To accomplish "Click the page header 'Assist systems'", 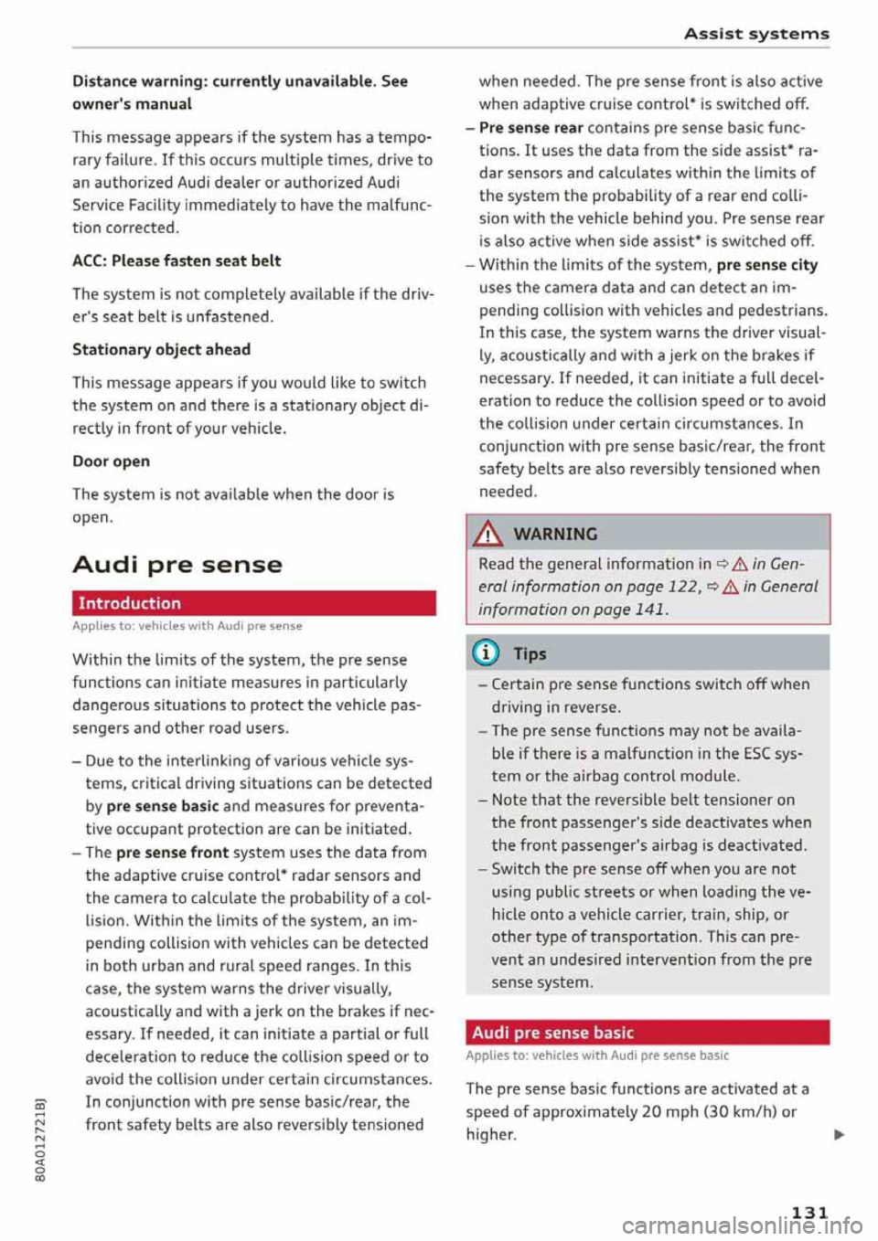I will click(756, 34).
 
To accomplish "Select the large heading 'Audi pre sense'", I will click(177, 565).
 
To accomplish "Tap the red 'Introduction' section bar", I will click(253, 603).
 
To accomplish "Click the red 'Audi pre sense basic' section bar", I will click(647, 1033).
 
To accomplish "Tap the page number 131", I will click(808, 1213).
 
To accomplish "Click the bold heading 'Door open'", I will click(111, 461).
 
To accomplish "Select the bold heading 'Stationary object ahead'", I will click(161, 349).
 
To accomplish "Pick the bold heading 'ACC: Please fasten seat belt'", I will click(177, 260).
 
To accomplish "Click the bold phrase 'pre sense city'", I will click(766, 265).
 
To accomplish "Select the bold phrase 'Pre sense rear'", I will click(530, 128).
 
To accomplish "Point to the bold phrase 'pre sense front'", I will click(172, 853).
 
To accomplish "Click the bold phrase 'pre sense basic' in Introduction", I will click(162, 807).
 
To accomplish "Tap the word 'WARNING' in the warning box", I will click(555, 534).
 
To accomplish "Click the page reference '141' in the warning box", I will click(649, 610).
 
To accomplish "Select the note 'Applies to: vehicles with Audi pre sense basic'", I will click(596, 1055).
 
